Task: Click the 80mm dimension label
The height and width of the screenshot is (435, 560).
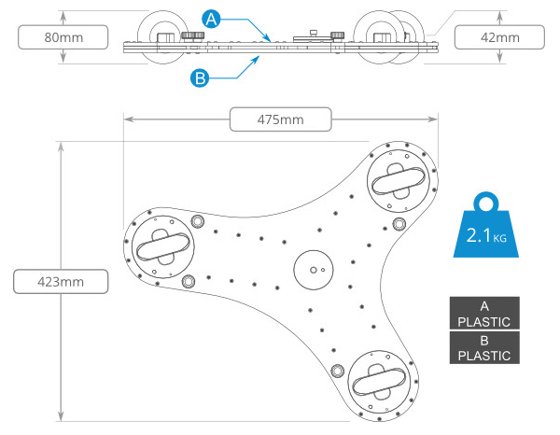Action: point(63,37)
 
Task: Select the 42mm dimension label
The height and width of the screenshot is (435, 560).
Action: point(499,37)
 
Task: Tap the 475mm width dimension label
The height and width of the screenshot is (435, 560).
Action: point(280,119)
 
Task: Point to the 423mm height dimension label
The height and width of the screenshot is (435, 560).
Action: point(61,281)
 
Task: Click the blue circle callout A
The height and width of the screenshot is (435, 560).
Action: point(211,19)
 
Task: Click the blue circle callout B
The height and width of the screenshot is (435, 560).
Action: point(200,77)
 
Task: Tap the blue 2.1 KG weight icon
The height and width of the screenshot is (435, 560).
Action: point(485,226)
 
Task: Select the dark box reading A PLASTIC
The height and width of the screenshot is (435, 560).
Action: point(484,314)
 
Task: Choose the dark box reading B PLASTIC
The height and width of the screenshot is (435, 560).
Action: point(484,347)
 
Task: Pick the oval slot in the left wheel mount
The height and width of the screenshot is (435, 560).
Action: point(163,246)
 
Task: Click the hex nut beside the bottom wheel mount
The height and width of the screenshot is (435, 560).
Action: point(337,372)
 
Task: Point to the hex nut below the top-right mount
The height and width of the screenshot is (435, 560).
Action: point(399,224)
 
